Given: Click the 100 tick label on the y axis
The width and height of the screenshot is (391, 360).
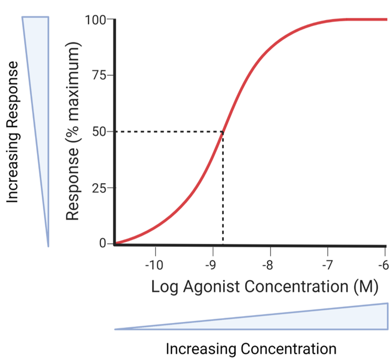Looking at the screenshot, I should click(x=96, y=20).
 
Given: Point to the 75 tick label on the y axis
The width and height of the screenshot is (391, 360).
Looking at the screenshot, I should click(x=99, y=75).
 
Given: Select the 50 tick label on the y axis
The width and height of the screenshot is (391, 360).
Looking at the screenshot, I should click(x=99, y=131).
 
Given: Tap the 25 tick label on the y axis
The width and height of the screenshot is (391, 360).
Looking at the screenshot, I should click(x=99, y=188).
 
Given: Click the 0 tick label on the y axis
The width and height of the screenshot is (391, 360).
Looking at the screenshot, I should click(x=102, y=243).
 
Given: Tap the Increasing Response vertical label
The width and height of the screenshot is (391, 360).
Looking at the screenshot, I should click(x=14, y=132).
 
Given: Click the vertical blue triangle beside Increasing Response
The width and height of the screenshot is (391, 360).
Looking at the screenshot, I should click(x=40, y=78).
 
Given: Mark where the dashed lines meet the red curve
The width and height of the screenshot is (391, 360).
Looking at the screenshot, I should click(x=224, y=131).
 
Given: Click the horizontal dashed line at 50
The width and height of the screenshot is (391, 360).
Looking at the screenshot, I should click(x=167, y=131).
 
